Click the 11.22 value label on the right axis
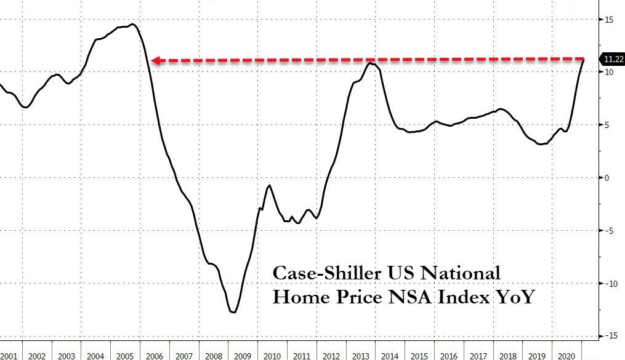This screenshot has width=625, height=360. click(613, 59)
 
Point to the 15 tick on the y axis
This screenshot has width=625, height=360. click(608, 20)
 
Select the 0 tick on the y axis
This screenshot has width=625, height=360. click(608, 178)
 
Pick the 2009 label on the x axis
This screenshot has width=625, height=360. click(243, 355)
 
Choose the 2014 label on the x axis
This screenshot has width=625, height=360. click(390, 355)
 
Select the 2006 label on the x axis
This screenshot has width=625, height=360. click(155, 355)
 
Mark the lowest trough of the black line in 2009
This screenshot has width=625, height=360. click(233, 312)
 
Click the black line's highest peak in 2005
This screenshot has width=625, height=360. click(134, 25)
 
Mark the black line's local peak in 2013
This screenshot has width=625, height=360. click(370, 63)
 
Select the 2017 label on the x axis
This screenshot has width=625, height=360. click(478, 355)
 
